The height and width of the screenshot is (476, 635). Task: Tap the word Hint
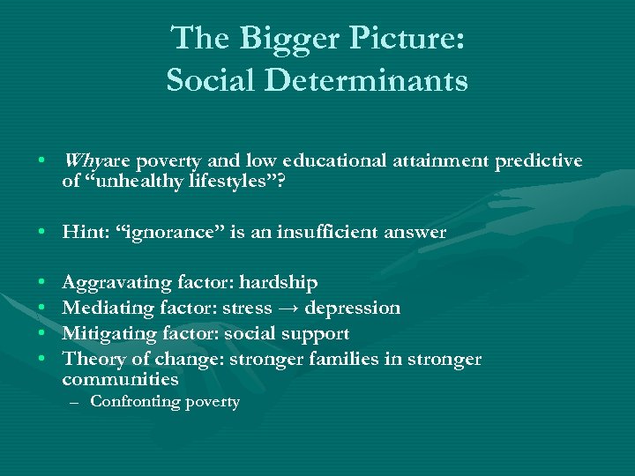(x=82, y=232)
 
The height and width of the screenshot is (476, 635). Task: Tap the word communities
(x=121, y=380)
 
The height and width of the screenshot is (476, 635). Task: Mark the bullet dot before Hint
(x=43, y=232)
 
